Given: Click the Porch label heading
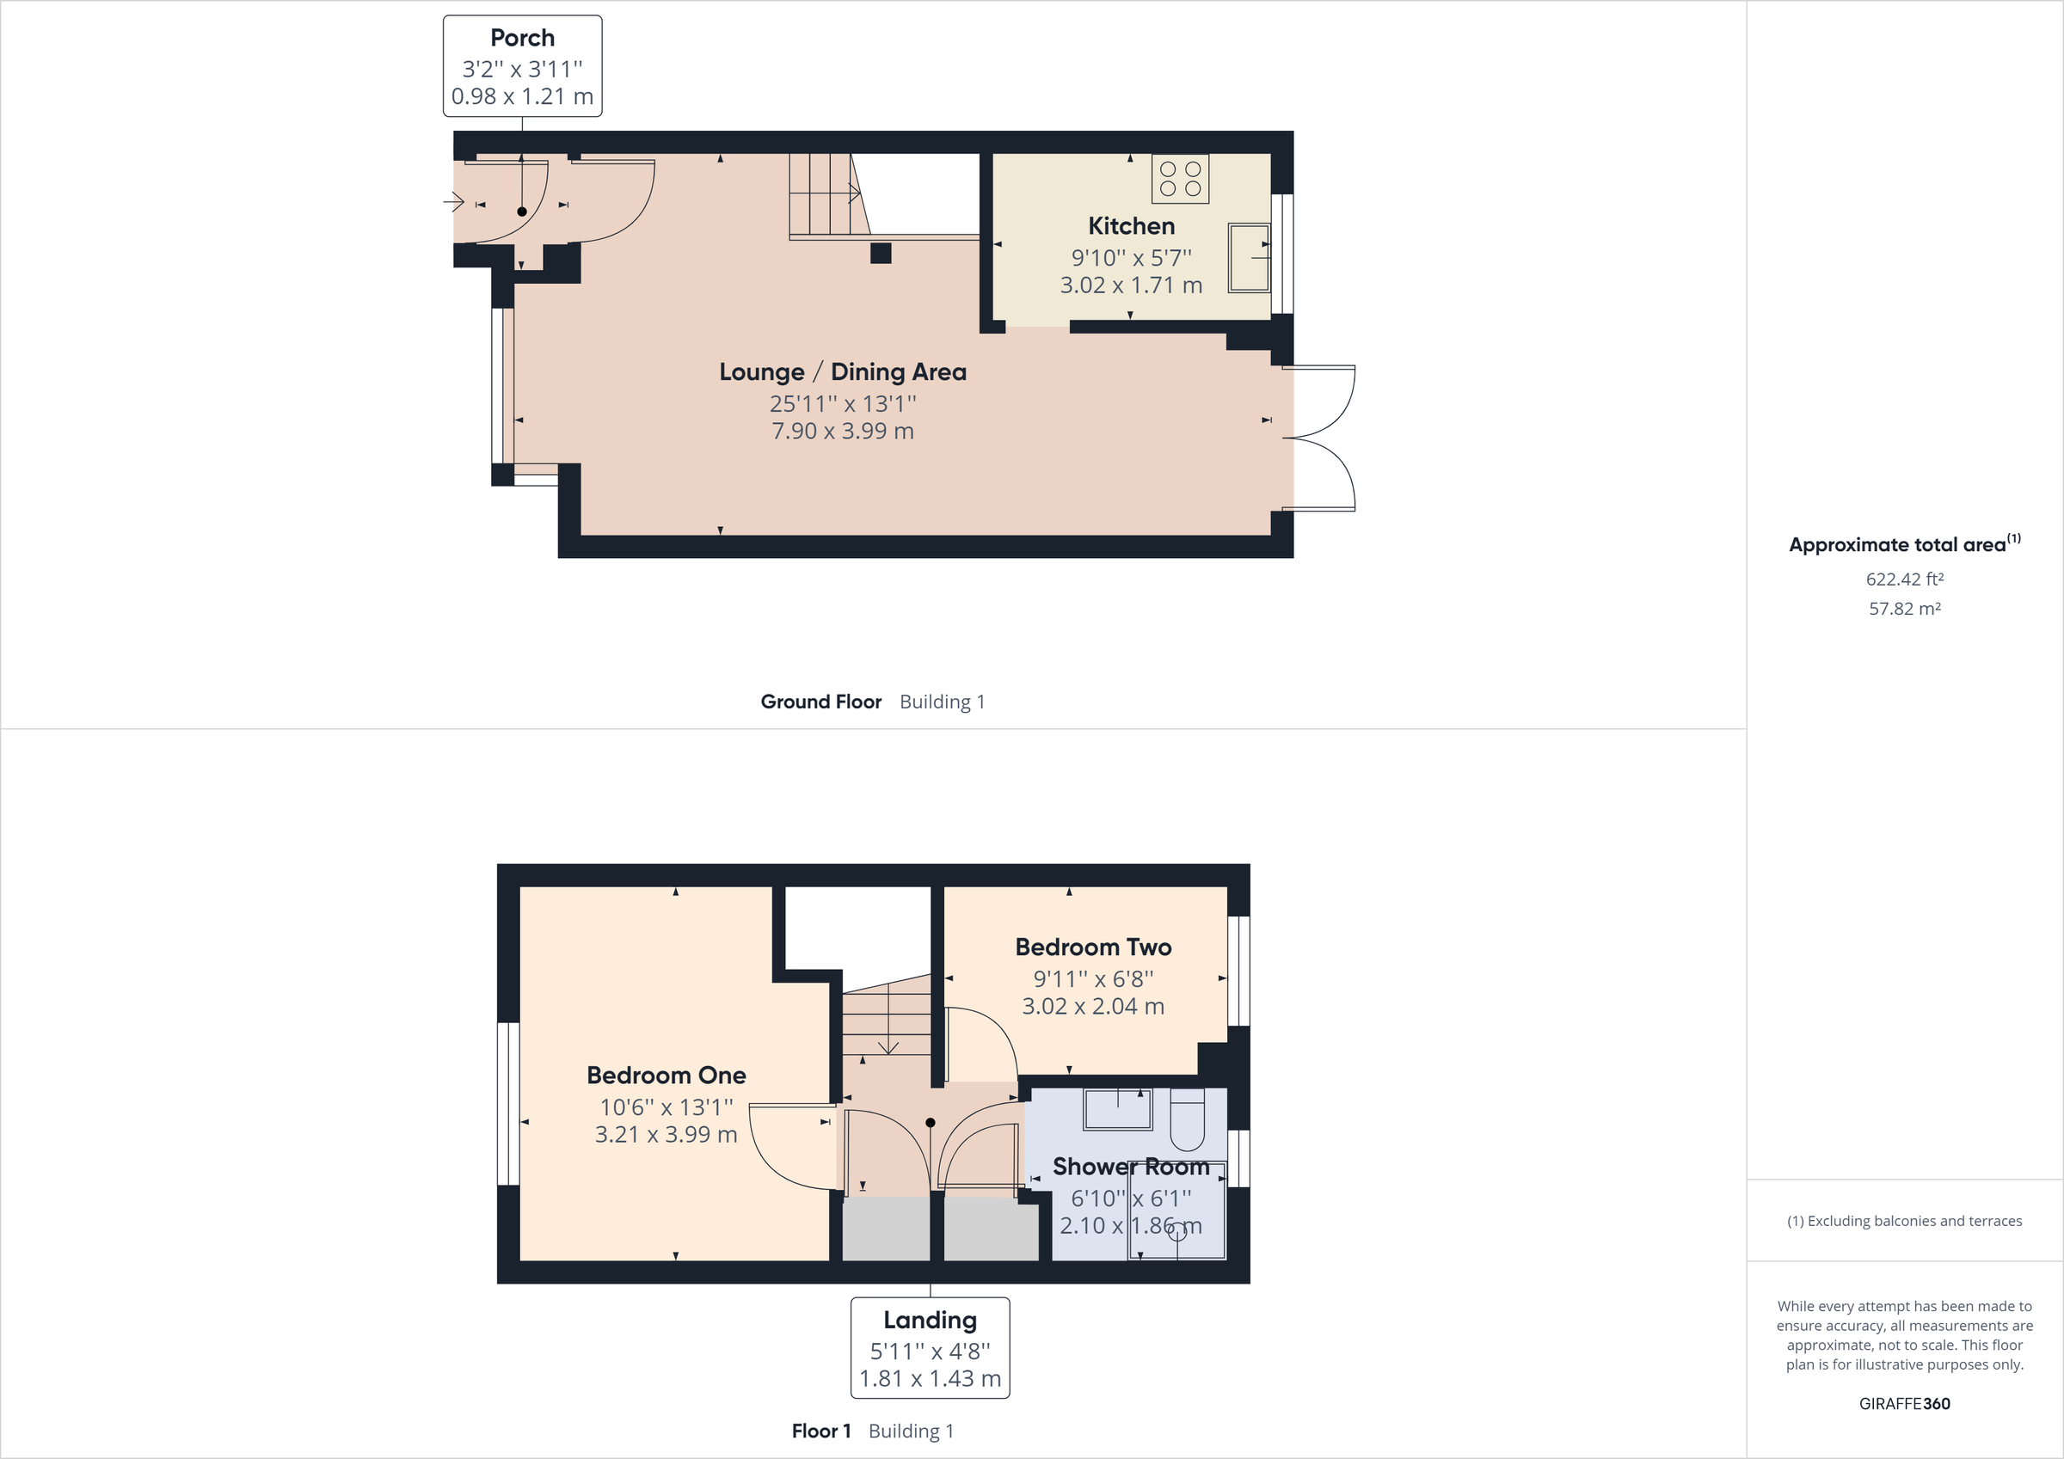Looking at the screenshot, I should pyautogui.click(x=522, y=38).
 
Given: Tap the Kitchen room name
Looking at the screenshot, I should pyautogui.click(x=1131, y=225).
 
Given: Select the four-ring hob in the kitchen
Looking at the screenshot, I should pyautogui.click(x=1179, y=179).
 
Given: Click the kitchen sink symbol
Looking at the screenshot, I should pyautogui.click(x=1248, y=257).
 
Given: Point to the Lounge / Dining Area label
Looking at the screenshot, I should pyautogui.click(x=842, y=371).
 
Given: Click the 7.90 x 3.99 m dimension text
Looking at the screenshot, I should pyautogui.click(x=842, y=431).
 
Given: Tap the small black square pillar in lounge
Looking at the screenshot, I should pyautogui.click(x=880, y=254).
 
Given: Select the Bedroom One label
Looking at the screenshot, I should pyautogui.click(x=666, y=1076).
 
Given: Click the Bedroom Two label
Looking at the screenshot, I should pyautogui.click(x=1093, y=947).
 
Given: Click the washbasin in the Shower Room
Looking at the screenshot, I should pyautogui.click(x=1117, y=1109).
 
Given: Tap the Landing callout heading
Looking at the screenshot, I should pyautogui.click(x=930, y=1320).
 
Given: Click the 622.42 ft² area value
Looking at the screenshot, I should pyautogui.click(x=1904, y=579).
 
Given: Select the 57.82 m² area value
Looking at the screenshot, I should pyautogui.click(x=1904, y=609).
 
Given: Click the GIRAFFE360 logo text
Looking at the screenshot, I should pyautogui.click(x=1904, y=1403).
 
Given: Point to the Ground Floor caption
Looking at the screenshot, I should pyautogui.click(x=820, y=702).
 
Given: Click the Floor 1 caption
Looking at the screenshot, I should pyautogui.click(x=820, y=1431).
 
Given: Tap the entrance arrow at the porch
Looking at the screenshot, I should pyautogui.click(x=454, y=202).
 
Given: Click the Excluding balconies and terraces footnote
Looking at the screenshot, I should pyautogui.click(x=1904, y=1221).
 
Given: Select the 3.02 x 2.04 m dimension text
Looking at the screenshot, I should pyautogui.click(x=1093, y=1006).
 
